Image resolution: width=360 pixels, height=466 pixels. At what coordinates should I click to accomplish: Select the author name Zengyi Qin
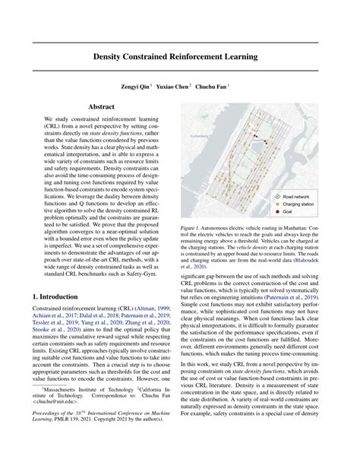point(140,87)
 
